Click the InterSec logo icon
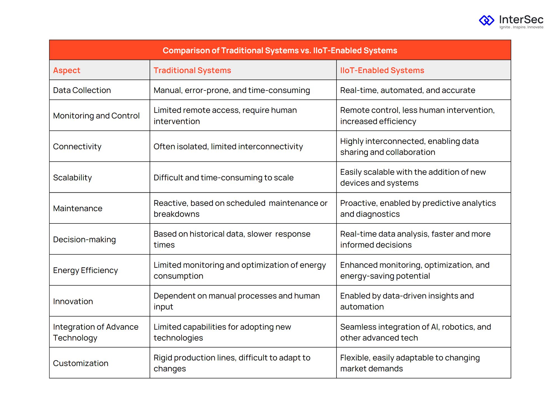pyautogui.click(x=487, y=20)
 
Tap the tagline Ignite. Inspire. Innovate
pyautogui.click(x=521, y=27)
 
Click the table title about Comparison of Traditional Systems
pyautogui.click(x=280, y=50)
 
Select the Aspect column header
pyautogui.click(x=67, y=70)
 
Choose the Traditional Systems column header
pyautogui.click(x=192, y=70)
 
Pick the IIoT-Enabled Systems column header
pyautogui.click(x=382, y=70)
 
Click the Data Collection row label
pyautogui.click(x=82, y=90)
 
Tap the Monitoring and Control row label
pyautogui.click(x=96, y=116)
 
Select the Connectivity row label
pyautogui.click(x=77, y=146)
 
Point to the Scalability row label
pyautogui.click(x=72, y=178)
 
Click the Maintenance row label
pyautogui.click(x=78, y=208)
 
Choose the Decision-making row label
pyautogui.click(x=84, y=239)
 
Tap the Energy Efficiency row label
pyautogui.click(x=85, y=270)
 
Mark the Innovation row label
pyautogui.click(x=73, y=301)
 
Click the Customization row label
pyautogui.click(x=80, y=363)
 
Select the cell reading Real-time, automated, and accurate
pyautogui.click(x=408, y=90)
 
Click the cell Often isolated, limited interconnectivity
pyautogui.click(x=228, y=146)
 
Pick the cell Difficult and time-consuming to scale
pyautogui.click(x=223, y=178)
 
